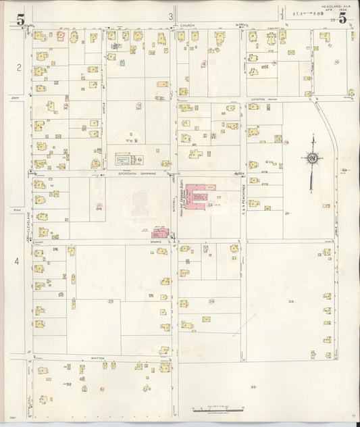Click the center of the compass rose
pos(312,158)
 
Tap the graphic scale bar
pos(216,409)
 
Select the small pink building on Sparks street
pos(161,232)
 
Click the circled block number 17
pos(100,205)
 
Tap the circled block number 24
pos(211,301)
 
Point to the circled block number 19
pos(286,143)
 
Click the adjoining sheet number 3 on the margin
pos(172,16)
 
